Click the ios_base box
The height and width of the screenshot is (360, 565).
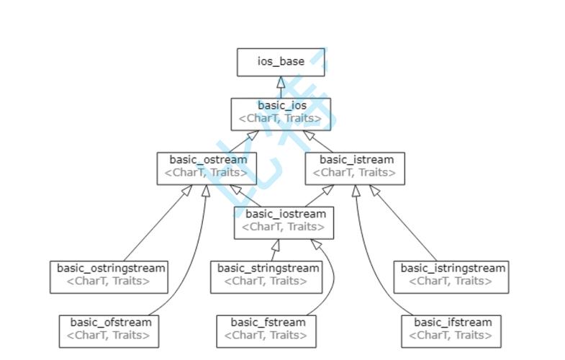pyautogui.click(x=281, y=62)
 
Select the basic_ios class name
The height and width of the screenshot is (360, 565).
pyautogui.click(x=281, y=106)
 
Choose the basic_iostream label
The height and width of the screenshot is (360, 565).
pyautogui.click(x=285, y=214)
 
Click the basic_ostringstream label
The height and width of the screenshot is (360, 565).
pyautogui.click(x=111, y=268)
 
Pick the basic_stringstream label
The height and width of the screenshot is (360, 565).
pyautogui.click(x=268, y=268)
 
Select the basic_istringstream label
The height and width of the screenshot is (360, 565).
pyautogui.click(x=453, y=268)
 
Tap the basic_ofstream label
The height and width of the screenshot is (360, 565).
pyautogui.click(x=110, y=322)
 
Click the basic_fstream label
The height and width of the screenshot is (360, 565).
pyautogui.click(x=268, y=322)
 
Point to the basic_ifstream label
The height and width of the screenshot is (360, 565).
pyautogui.click(x=453, y=322)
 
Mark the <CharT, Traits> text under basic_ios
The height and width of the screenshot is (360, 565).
pyautogui.click(x=281, y=119)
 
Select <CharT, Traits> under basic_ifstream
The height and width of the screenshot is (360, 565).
pyautogui.click(x=451, y=335)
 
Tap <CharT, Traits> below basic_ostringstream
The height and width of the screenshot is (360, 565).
pyautogui.click(x=109, y=281)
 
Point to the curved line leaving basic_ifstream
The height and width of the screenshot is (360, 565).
pyautogui.click(x=366, y=266)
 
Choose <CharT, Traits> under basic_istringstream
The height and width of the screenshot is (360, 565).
pyautogui.click(x=451, y=281)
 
